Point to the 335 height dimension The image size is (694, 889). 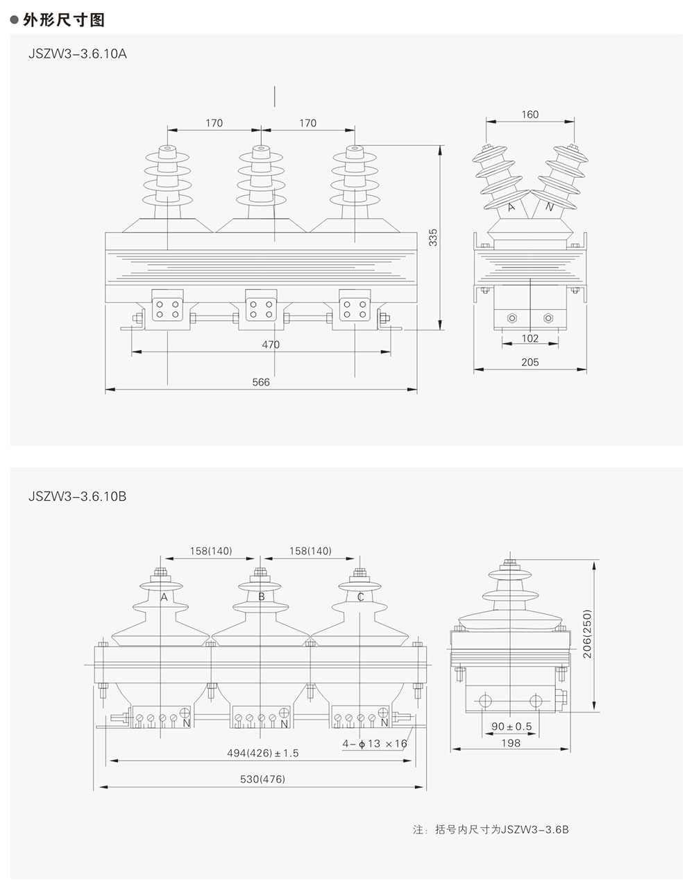(434, 238)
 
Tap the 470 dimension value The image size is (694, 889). (271, 344)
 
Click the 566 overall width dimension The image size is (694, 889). (261, 382)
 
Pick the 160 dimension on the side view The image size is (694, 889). (530, 115)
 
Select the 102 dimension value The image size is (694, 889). (530, 338)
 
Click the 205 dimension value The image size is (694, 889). (530, 362)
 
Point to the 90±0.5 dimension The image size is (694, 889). (511, 726)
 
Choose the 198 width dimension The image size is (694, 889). (510, 743)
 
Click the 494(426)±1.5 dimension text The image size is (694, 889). (263, 753)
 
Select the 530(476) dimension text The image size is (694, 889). (263, 779)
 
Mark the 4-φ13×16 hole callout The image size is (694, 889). (375, 744)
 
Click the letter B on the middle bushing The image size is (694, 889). (262, 597)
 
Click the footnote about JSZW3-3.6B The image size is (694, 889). (491, 829)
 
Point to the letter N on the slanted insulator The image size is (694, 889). (550, 206)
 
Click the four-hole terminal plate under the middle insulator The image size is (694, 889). (261, 308)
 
